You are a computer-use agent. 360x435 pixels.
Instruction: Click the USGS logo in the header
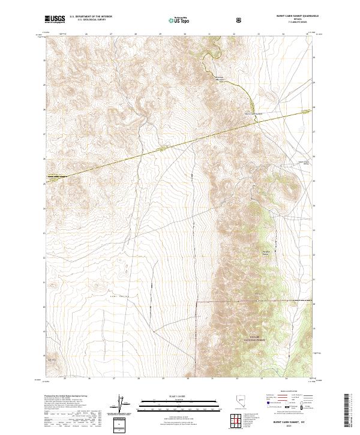[x=55, y=20]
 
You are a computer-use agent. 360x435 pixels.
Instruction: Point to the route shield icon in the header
[x=241, y=20]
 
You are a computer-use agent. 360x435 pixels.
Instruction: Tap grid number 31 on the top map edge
[x=209, y=34]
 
